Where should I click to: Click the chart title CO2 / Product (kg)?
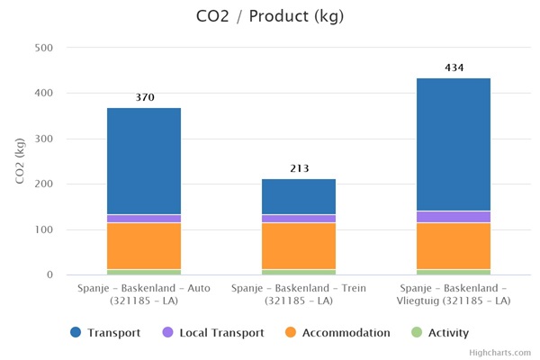(x=269, y=16)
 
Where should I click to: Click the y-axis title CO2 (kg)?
(x=20, y=162)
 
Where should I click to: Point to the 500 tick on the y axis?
(x=42, y=48)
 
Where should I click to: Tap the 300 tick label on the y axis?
(x=42, y=139)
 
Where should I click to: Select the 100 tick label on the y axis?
(x=42, y=229)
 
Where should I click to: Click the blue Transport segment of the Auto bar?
(x=144, y=161)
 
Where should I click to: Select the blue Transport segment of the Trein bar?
(x=299, y=196)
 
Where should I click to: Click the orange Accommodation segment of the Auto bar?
(x=144, y=246)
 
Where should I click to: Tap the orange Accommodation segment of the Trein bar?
(x=299, y=246)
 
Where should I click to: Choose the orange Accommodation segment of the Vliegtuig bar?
(x=453, y=246)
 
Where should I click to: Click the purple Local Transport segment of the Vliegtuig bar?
(x=453, y=217)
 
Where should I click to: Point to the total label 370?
(x=144, y=97)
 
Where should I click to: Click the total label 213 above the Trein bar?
(x=299, y=168)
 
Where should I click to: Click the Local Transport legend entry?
(x=220, y=333)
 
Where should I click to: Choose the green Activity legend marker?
(x=416, y=333)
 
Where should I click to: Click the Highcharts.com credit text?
(x=500, y=353)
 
